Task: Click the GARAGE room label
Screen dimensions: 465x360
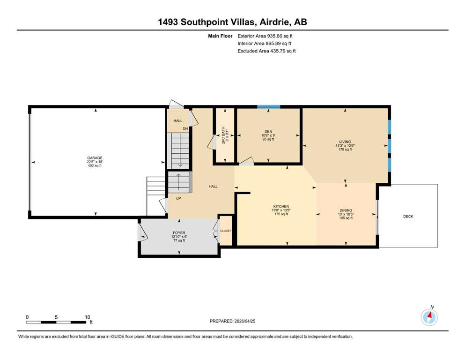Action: point(95,158)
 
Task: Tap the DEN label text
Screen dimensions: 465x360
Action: point(268,131)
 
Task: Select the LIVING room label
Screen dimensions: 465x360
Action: point(345,142)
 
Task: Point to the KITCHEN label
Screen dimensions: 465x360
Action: point(281,206)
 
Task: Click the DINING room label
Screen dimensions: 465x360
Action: point(346,210)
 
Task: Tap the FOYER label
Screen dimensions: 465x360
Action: point(179,233)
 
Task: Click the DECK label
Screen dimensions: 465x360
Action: point(408,217)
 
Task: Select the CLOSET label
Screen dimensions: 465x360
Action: point(226,231)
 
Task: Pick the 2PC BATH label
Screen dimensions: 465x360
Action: point(223,135)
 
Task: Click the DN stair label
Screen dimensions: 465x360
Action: point(185,129)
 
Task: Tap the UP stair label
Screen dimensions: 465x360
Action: point(178,198)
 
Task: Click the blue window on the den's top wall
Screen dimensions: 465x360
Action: point(269,107)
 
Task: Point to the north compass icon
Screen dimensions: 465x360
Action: point(429,317)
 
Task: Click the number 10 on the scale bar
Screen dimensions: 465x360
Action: point(87,317)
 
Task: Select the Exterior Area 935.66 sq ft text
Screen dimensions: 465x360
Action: point(265,36)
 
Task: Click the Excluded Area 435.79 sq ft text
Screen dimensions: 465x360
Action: point(266,51)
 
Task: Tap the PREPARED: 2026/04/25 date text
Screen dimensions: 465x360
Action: point(232,321)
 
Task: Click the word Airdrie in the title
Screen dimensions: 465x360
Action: point(274,22)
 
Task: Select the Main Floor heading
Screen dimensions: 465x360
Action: point(220,36)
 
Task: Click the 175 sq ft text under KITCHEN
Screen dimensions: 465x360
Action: point(281,214)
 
